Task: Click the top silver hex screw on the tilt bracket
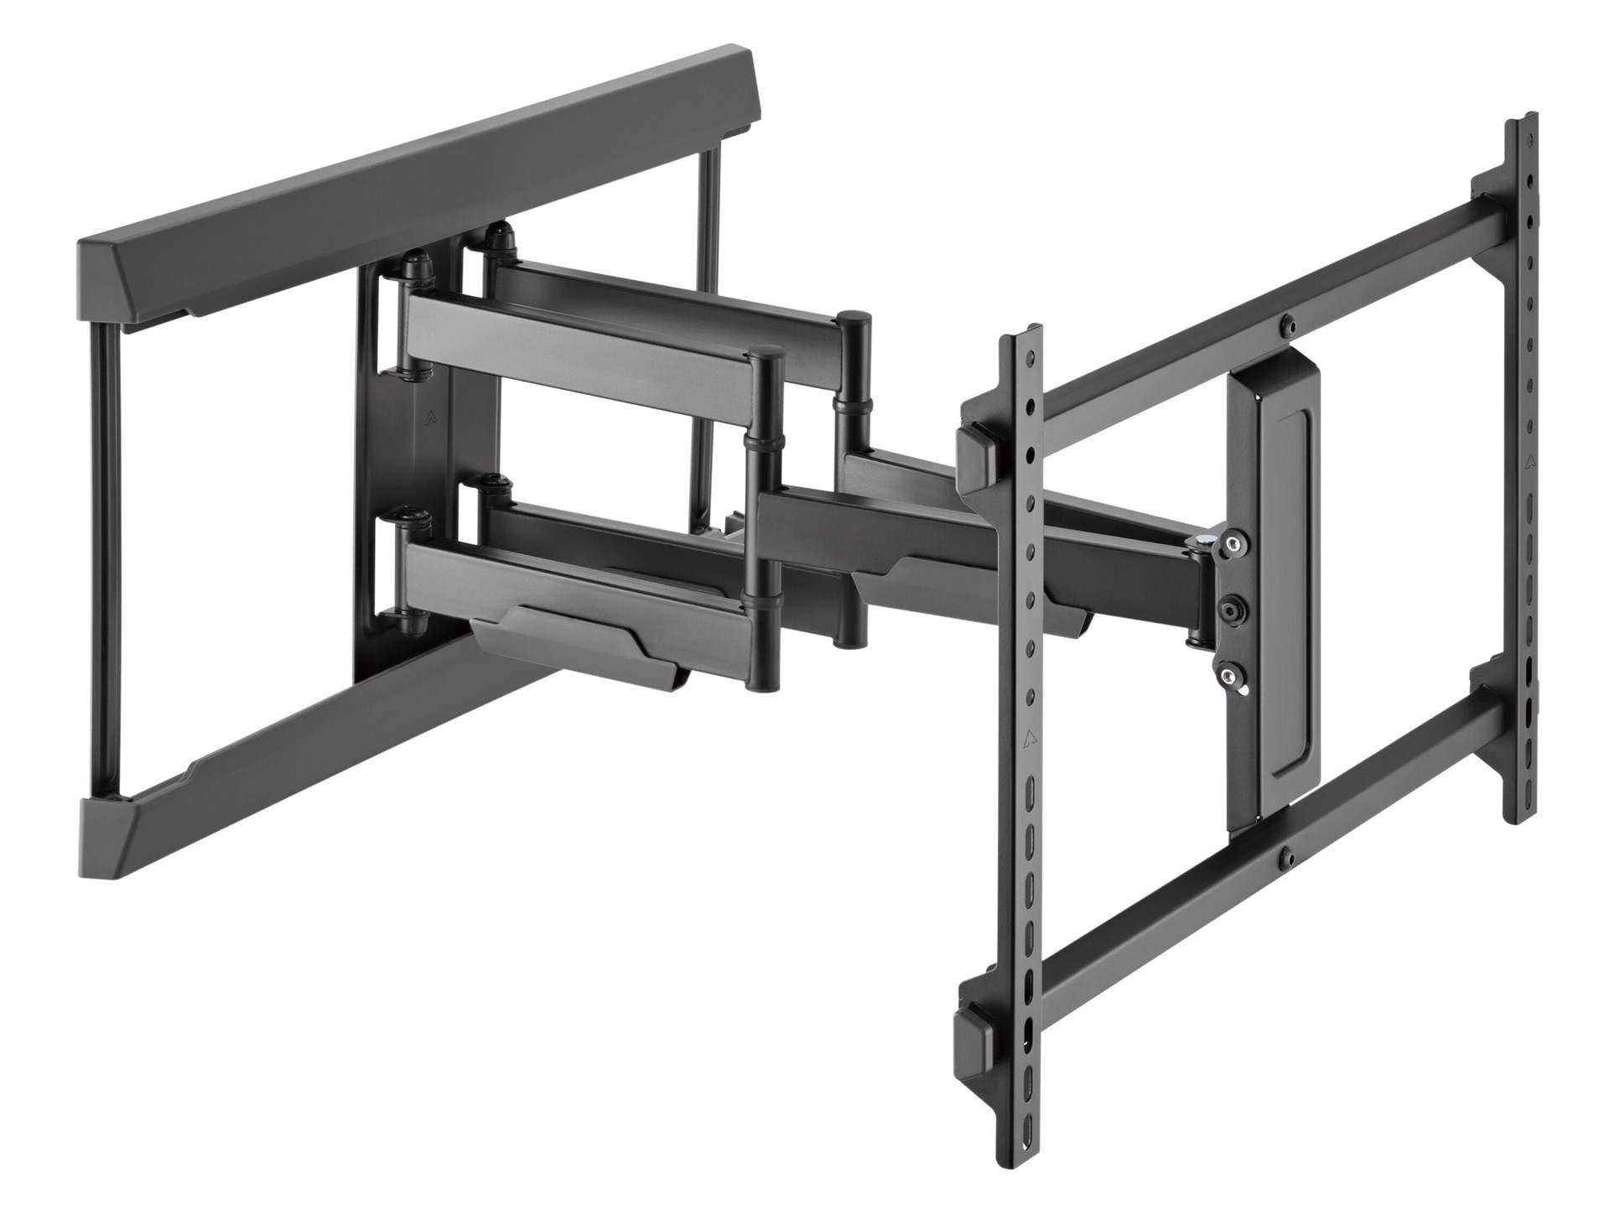(1229, 545)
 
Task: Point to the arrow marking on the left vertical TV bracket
(1028, 741)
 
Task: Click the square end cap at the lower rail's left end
(971, 1042)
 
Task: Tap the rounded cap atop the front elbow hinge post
(765, 360)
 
